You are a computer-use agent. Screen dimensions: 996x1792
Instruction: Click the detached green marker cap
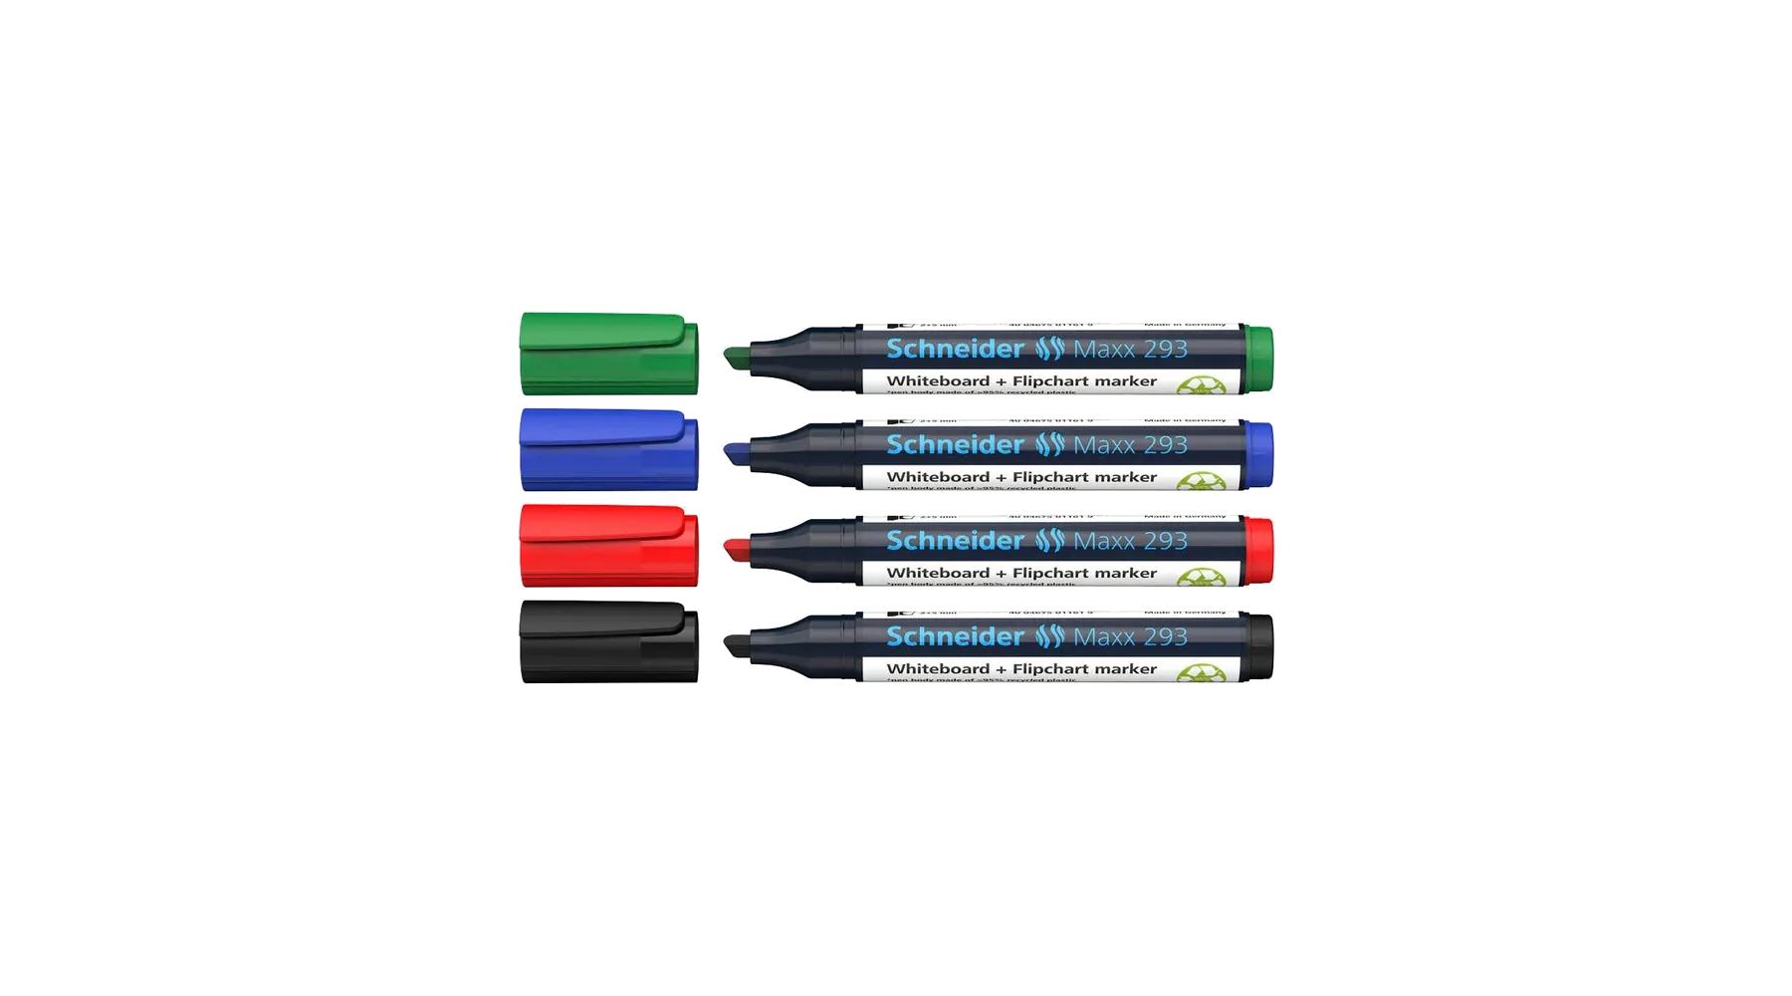click(x=608, y=355)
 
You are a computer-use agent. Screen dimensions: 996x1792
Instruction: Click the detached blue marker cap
click(x=608, y=450)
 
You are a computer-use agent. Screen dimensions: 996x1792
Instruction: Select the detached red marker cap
click(x=608, y=546)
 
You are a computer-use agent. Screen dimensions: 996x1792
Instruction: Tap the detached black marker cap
click(x=608, y=641)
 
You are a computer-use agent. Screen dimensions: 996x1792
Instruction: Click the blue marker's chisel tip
click(x=736, y=451)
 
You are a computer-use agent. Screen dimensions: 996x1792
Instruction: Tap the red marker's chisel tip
click(x=736, y=547)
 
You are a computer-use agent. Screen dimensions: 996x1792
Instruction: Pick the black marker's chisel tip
click(x=736, y=642)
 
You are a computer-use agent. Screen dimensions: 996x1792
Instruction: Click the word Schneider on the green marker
click(x=955, y=349)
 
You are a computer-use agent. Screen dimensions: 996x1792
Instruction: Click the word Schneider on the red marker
click(x=955, y=541)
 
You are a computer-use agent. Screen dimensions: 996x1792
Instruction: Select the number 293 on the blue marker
click(x=1166, y=445)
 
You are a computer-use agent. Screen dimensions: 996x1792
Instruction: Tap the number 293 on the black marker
click(x=1166, y=636)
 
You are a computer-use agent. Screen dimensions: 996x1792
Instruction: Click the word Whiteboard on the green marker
click(x=938, y=381)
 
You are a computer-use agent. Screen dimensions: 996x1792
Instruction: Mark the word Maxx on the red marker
click(x=1104, y=541)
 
